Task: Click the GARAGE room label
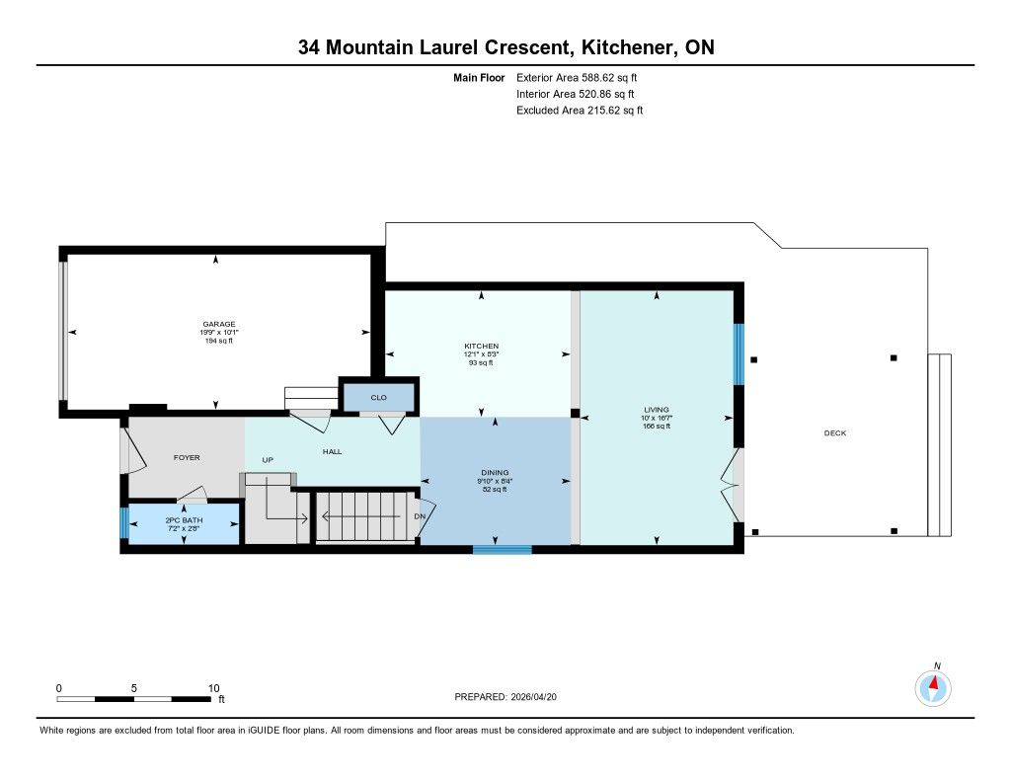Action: [x=219, y=325]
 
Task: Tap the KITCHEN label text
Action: [x=482, y=347]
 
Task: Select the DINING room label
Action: [x=496, y=473]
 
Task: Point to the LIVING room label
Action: [x=657, y=410]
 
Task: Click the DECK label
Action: [x=835, y=433]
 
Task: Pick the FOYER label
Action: [x=187, y=458]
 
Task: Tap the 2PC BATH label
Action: [x=184, y=520]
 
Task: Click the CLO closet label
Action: [x=378, y=398]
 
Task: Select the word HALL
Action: [x=332, y=452]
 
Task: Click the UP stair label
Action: [x=268, y=460]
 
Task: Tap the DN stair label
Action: [x=420, y=516]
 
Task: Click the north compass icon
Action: [x=933, y=688]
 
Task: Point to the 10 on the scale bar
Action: [x=214, y=688]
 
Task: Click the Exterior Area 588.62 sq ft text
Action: [x=577, y=77]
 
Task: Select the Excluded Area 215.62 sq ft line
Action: [x=580, y=111]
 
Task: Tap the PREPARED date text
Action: [x=505, y=697]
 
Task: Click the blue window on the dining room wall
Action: [x=503, y=550]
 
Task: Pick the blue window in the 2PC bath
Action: [x=124, y=523]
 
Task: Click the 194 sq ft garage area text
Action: [x=219, y=341]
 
